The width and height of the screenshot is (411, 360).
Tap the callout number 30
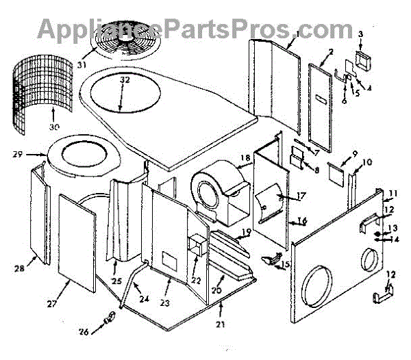(54, 127)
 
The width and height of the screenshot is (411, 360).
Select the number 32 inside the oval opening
(124, 79)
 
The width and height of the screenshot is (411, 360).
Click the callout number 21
(220, 324)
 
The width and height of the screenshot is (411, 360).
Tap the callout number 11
(393, 194)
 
